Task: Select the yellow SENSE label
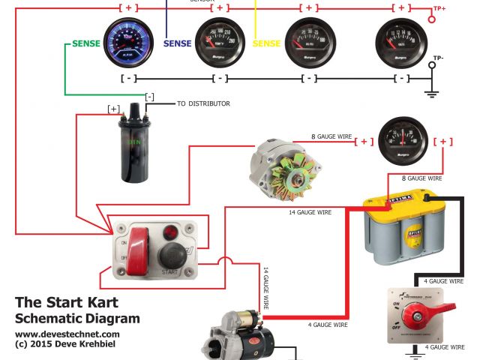click(266, 43)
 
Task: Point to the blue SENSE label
click(178, 43)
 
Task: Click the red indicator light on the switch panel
click(172, 232)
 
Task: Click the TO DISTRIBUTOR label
click(204, 103)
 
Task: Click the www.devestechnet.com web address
click(67, 334)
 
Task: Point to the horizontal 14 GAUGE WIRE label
click(309, 212)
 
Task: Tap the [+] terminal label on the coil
click(113, 109)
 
